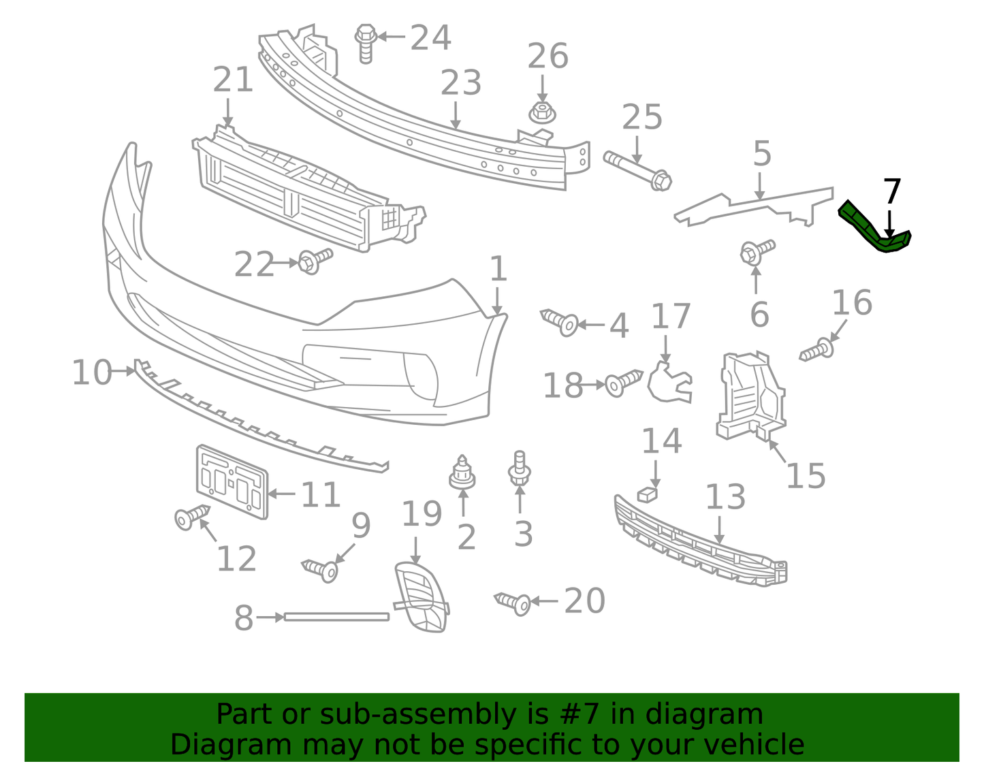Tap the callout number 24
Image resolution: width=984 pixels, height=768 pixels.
pos(430,38)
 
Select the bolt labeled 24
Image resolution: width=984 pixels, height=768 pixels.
pos(366,42)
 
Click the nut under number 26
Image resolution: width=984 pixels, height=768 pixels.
pos(542,112)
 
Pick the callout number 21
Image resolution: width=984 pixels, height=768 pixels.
pos(233,80)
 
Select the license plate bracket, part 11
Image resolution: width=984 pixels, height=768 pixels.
pos(232,481)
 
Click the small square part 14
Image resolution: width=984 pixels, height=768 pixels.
pos(649,494)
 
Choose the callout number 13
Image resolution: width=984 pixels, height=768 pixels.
pos(725,498)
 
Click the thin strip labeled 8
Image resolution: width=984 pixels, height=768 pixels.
pos(336,617)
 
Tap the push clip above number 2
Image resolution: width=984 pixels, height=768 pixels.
pos(462,474)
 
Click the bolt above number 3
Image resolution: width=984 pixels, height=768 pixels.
pos(520,468)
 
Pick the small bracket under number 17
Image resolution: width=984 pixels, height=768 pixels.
pos(669,384)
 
